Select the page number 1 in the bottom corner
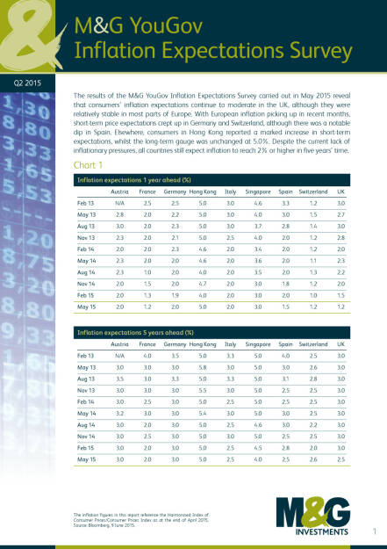pyautogui.click(x=374, y=531)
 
